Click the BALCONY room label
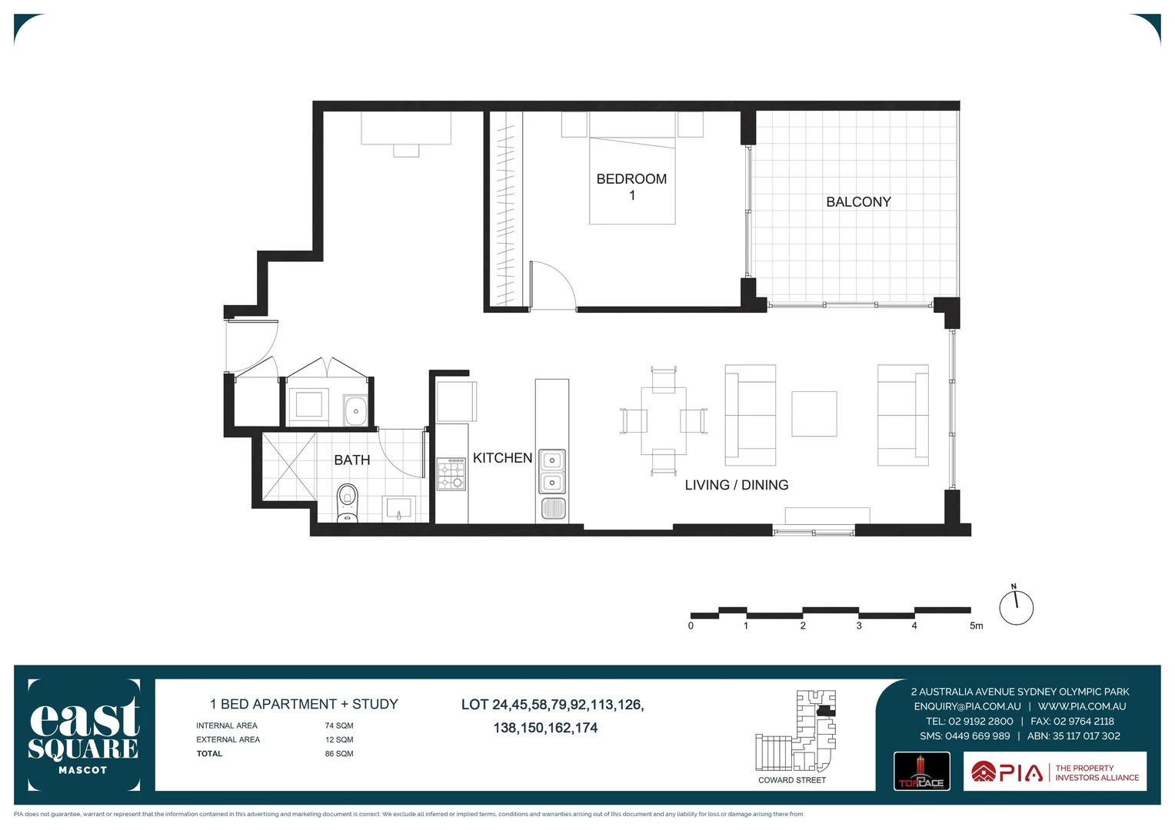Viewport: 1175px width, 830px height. (x=858, y=202)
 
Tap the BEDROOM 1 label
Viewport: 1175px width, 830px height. (x=631, y=187)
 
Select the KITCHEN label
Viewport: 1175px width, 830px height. (x=502, y=458)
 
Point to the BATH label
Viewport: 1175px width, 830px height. (x=352, y=460)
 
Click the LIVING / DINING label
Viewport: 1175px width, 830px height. (x=736, y=485)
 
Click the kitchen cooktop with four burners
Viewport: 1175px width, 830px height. (x=451, y=474)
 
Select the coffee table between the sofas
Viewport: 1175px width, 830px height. (x=814, y=414)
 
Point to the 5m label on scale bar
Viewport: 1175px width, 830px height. (x=976, y=626)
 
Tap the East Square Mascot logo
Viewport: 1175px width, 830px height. (x=84, y=735)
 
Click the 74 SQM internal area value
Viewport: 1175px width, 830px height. (x=339, y=725)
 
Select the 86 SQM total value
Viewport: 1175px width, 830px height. (x=339, y=754)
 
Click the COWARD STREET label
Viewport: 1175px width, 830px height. (x=791, y=780)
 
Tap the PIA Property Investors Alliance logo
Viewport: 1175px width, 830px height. (x=1054, y=772)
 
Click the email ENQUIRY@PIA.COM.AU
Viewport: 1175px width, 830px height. (x=967, y=706)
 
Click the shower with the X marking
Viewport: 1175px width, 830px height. (x=289, y=466)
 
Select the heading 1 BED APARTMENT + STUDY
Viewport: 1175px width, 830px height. (x=304, y=704)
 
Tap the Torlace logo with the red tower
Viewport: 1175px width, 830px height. (x=921, y=772)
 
